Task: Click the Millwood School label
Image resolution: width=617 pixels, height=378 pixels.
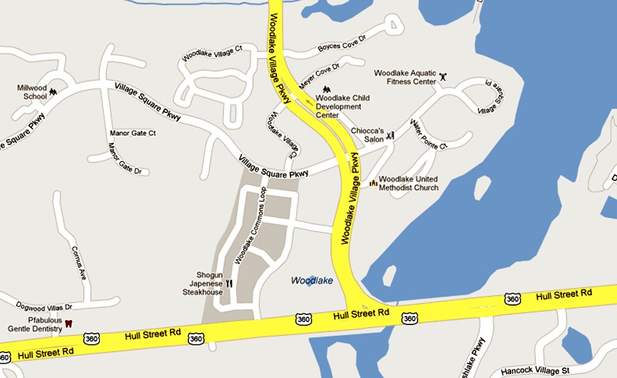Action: pos(32,92)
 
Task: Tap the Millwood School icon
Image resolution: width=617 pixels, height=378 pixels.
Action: pos(53,92)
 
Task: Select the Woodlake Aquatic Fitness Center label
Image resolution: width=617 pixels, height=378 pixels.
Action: pos(405,77)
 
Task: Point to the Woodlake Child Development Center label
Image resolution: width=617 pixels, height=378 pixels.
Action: pos(343,106)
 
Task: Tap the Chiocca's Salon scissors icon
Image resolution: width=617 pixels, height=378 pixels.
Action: pos(391,135)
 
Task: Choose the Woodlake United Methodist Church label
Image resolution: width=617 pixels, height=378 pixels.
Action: pos(409,183)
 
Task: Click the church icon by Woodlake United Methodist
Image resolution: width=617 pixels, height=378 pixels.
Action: pos(373,183)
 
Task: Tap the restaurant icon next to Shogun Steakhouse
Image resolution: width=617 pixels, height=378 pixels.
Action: pos(229,283)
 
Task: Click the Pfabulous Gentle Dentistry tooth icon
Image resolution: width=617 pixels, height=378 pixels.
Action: pos(69,324)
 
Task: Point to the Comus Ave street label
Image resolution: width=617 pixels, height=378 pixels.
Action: pos(79,261)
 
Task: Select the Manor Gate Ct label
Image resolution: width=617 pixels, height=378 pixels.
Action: pos(133,133)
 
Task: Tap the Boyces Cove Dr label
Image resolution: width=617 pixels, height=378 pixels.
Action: pos(341,43)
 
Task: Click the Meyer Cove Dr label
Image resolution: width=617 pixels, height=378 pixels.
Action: pos(319,75)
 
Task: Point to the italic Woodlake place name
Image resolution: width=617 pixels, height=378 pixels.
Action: pos(312,281)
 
